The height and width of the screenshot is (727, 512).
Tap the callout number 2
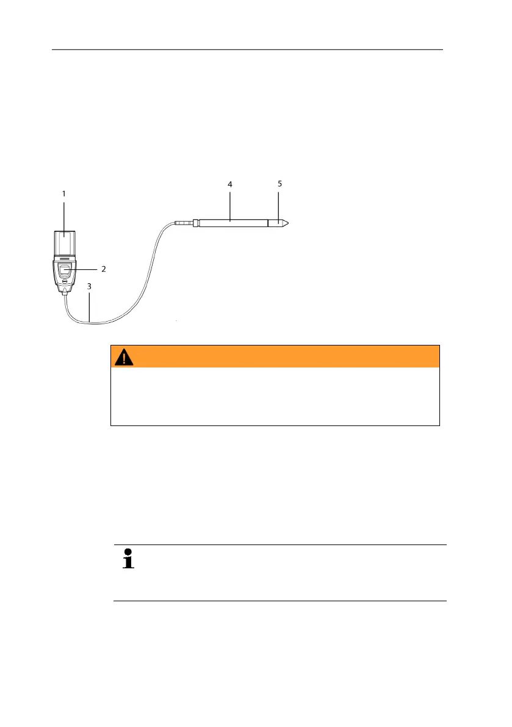tap(104, 269)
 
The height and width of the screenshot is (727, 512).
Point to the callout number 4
tap(230, 184)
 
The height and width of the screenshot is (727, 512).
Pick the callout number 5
tap(279, 183)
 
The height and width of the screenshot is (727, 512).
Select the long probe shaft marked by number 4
tap(232, 223)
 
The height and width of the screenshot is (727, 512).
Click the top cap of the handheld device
tap(64, 242)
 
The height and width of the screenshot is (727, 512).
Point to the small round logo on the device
tap(65, 282)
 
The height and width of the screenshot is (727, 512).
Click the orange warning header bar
tap(275, 356)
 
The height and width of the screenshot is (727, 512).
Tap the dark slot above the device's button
tap(64, 259)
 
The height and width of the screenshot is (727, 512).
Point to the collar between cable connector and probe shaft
tap(195, 223)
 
